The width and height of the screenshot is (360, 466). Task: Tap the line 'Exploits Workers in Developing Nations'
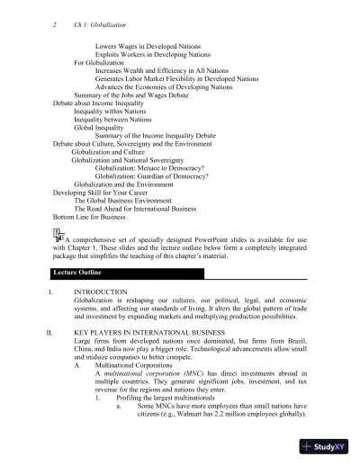coord(154,54)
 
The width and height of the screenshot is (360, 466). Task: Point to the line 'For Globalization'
coord(101,63)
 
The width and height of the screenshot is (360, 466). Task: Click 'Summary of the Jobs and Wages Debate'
coord(131,95)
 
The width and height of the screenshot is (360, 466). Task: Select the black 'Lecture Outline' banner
coord(180,273)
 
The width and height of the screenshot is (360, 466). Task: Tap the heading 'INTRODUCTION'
coord(101,293)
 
